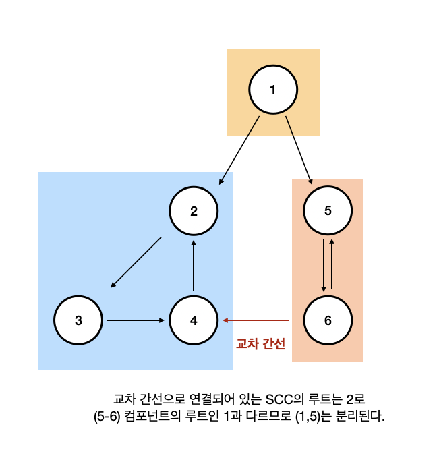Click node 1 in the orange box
[x=272, y=90]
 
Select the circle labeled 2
[x=194, y=211]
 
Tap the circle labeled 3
[x=78, y=320]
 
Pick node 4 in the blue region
[x=194, y=320]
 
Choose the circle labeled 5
[x=328, y=211]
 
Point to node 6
[x=328, y=320]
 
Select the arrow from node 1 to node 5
[x=298, y=150]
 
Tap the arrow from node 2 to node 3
[x=136, y=261]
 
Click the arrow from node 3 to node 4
[x=135, y=320]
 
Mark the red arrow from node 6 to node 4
[x=256, y=320]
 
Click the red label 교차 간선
[x=260, y=343]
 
